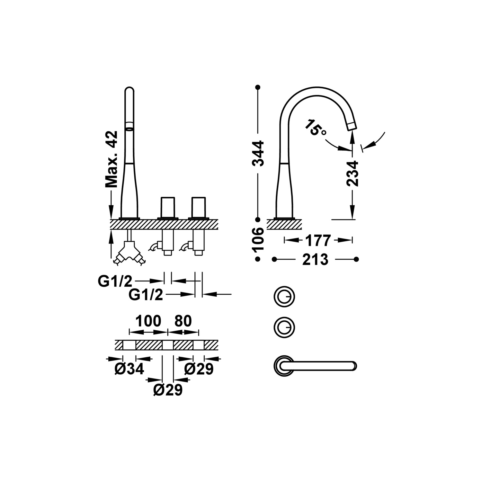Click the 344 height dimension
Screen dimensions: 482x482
[x=258, y=153]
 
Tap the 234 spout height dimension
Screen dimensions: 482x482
[x=353, y=174]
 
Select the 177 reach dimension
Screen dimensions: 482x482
[x=318, y=240]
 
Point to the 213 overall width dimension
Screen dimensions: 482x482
[x=315, y=259]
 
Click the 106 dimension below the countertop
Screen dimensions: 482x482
[x=258, y=239]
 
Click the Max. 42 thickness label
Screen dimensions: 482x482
[x=112, y=159]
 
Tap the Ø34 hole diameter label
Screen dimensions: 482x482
[x=129, y=370]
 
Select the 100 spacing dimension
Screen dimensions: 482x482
[x=148, y=321]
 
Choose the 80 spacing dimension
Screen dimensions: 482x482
[x=183, y=321]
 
